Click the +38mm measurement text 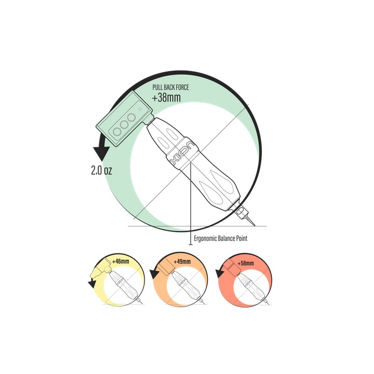[x=166, y=97]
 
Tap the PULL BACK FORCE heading [x=170, y=87]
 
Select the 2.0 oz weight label [x=101, y=170]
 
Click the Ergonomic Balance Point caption [x=221, y=238]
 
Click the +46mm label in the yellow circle [x=121, y=261]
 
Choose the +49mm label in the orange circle [x=182, y=261]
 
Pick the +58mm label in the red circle [x=246, y=263]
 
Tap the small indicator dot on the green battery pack [x=140, y=109]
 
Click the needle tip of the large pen [x=255, y=225]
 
